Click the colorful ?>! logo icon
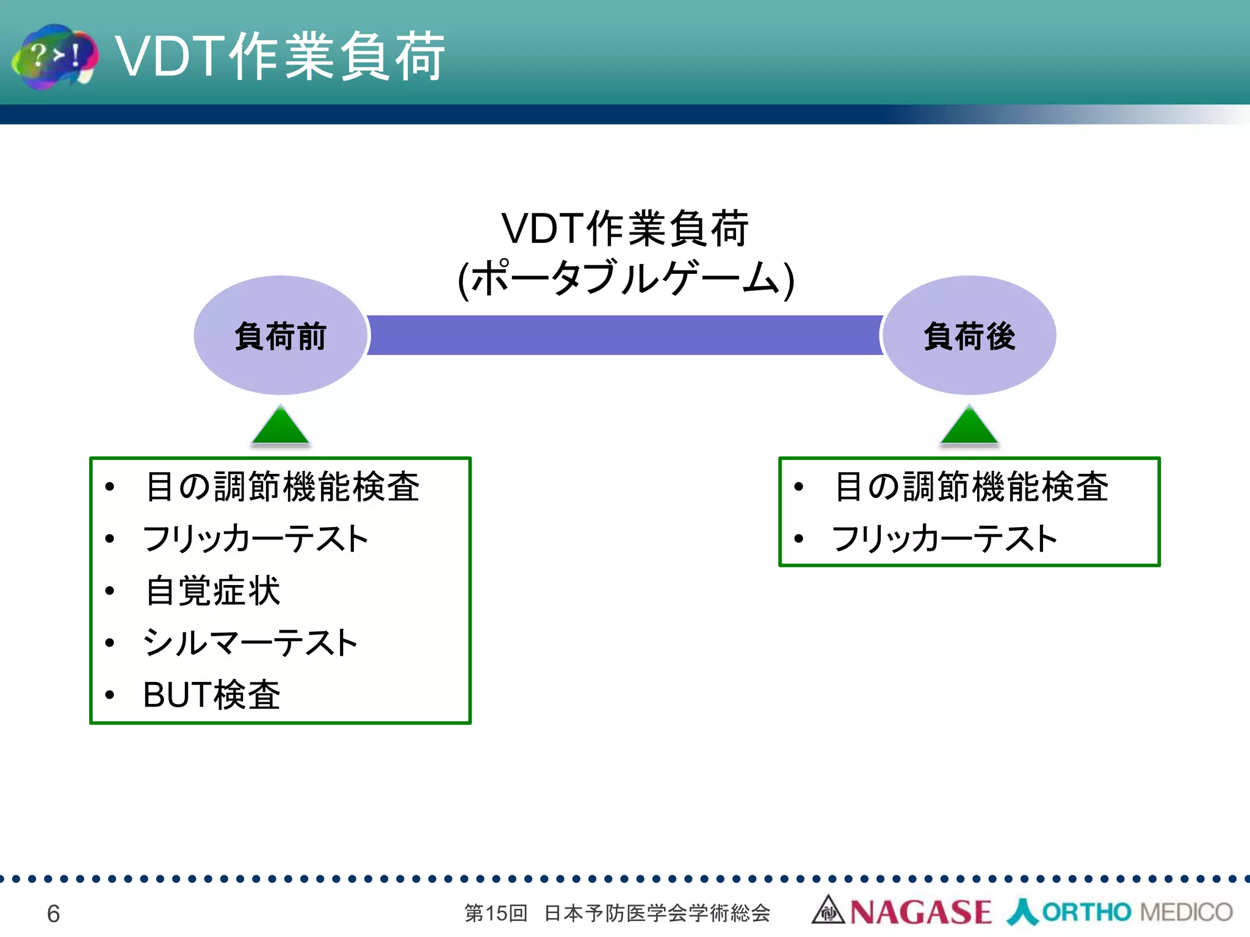click(x=55, y=56)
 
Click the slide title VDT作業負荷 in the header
click(x=280, y=56)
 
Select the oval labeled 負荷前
click(x=280, y=336)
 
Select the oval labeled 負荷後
click(x=969, y=336)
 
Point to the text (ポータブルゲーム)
click(x=625, y=279)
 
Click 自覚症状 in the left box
click(x=212, y=591)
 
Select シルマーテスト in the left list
click(x=250, y=642)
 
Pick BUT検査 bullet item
click(x=211, y=694)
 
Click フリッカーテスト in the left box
click(x=255, y=539)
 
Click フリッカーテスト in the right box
click(x=944, y=539)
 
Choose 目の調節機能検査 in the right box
click(x=970, y=487)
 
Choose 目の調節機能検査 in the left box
click(x=282, y=487)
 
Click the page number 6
click(x=53, y=913)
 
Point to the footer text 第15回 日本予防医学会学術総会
click(x=616, y=913)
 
